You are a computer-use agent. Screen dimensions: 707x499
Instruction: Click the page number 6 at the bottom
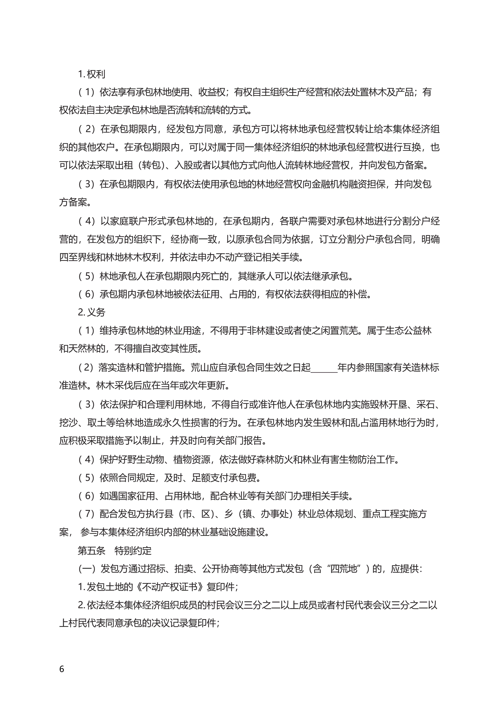click(x=62, y=669)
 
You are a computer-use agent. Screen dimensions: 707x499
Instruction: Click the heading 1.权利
click(x=91, y=74)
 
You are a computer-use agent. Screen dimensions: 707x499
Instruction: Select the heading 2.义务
click(x=91, y=312)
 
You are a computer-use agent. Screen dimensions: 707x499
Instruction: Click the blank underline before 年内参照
click(x=324, y=368)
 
